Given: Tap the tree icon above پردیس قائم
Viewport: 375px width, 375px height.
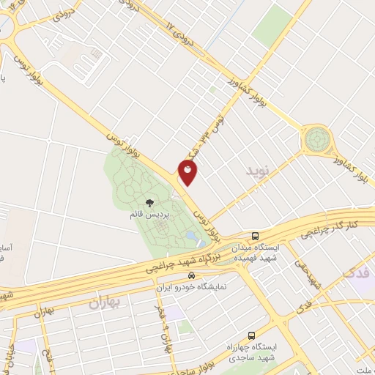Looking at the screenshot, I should click(x=149, y=203).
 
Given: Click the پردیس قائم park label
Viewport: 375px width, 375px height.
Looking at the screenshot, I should click(x=149, y=215).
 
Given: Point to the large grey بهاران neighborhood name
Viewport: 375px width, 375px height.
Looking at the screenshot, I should click(x=105, y=302).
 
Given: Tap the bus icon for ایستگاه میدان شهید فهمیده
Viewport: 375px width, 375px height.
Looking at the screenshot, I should click(x=255, y=236).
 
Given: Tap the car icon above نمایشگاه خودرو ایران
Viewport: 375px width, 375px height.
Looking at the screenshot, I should click(x=191, y=276).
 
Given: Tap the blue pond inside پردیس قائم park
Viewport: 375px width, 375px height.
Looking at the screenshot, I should click(x=192, y=237).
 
